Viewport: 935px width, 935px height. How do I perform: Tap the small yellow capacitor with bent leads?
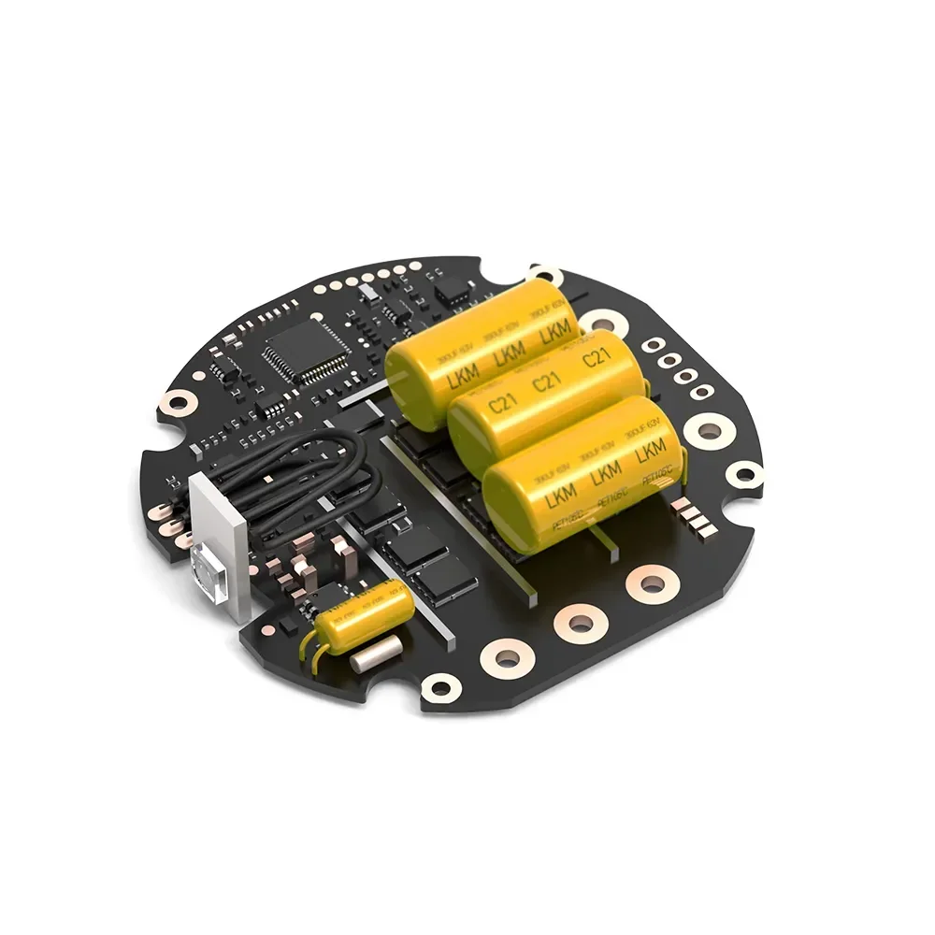[366, 611]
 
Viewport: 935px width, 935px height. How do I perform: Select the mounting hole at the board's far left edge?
[177, 402]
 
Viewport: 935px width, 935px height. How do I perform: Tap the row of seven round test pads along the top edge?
[369, 279]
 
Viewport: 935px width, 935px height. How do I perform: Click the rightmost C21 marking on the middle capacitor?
[596, 358]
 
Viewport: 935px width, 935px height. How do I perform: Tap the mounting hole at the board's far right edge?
[744, 475]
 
